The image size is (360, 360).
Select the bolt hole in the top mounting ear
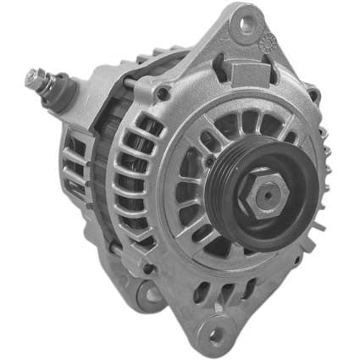pyautogui.click(x=246, y=23)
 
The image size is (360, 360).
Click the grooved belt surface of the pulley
pyautogui.click(x=222, y=182)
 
